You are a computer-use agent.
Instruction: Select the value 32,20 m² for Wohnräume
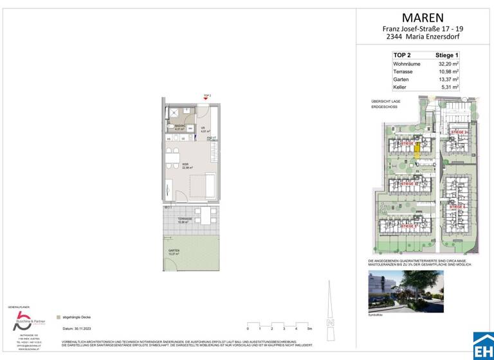pyautogui.click(x=446, y=65)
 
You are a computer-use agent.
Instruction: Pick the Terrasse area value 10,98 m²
pyautogui.click(x=446, y=73)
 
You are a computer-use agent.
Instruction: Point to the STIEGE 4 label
pyautogui.click(x=458, y=207)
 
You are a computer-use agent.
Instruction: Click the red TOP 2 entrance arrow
pyautogui.click(x=206, y=99)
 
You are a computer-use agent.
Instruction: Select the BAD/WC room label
pyautogui.click(x=179, y=126)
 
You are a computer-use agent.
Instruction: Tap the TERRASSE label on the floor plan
pyautogui.click(x=185, y=219)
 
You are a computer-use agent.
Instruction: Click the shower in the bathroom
pyautogui.click(x=174, y=112)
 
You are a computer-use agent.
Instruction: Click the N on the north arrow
pyautogui.click(x=329, y=322)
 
